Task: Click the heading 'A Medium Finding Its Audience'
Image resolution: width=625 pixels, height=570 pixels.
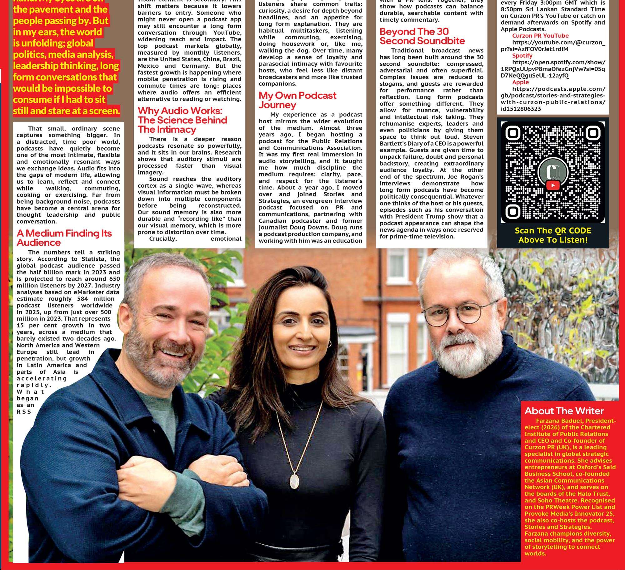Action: pyautogui.click(x=64, y=238)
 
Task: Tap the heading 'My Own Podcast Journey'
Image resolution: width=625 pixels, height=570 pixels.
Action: pyautogui.click(x=297, y=100)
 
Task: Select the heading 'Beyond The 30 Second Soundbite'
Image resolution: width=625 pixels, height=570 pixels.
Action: pyautogui.click(x=422, y=36)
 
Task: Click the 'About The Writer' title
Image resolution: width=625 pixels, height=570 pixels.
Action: pyautogui.click(x=564, y=411)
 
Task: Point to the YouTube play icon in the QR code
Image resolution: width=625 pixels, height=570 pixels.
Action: pyautogui.click(x=553, y=185)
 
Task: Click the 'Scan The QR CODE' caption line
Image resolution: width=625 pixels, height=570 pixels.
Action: pyautogui.click(x=552, y=231)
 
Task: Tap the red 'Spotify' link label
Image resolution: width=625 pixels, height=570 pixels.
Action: pyautogui.click(x=522, y=56)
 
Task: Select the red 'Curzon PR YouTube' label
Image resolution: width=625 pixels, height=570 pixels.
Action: pyautogui.click(x=540, y=36)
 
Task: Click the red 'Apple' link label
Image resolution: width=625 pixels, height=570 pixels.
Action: pyautogui.click(x=520, y=82)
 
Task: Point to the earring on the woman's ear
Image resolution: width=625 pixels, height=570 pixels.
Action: pyautogui.click(x=329, y=344)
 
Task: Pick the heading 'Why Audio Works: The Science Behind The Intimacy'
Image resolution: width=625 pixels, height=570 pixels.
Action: pyautogui.click(x=182, y=120)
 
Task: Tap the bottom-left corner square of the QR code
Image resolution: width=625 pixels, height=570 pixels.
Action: pyautogui.click(x=512, y=211)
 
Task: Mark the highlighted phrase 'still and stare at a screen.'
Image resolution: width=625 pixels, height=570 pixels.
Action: pyautogui.click(x=66, y=111)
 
